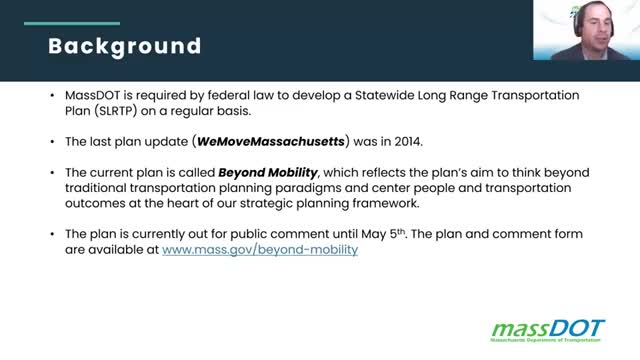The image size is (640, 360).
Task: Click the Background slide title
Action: [125, 46]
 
